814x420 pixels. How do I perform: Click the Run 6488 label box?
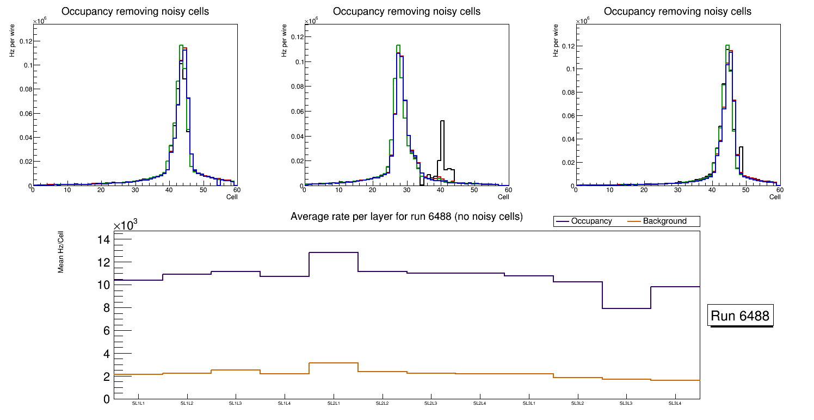[740, 316]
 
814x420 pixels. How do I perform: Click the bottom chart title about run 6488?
[406, 217]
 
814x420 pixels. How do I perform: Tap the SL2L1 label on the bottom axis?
[333, 403]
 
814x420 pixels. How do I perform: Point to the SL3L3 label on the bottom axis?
[626, 403]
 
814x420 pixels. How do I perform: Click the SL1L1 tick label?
[138, 403]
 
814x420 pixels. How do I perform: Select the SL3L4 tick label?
[675, 403]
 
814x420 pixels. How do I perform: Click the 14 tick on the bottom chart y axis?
[103, 240]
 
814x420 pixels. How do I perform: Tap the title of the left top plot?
[134, 11]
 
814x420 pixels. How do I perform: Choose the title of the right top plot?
[677, 11]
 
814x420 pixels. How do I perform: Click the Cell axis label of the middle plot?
[503, 197]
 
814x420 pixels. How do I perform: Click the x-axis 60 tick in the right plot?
[779, 190]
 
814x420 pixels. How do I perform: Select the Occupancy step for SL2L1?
[333, 252]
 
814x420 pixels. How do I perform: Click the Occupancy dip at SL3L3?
[626, 308]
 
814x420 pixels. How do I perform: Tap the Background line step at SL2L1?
[333, 362]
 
